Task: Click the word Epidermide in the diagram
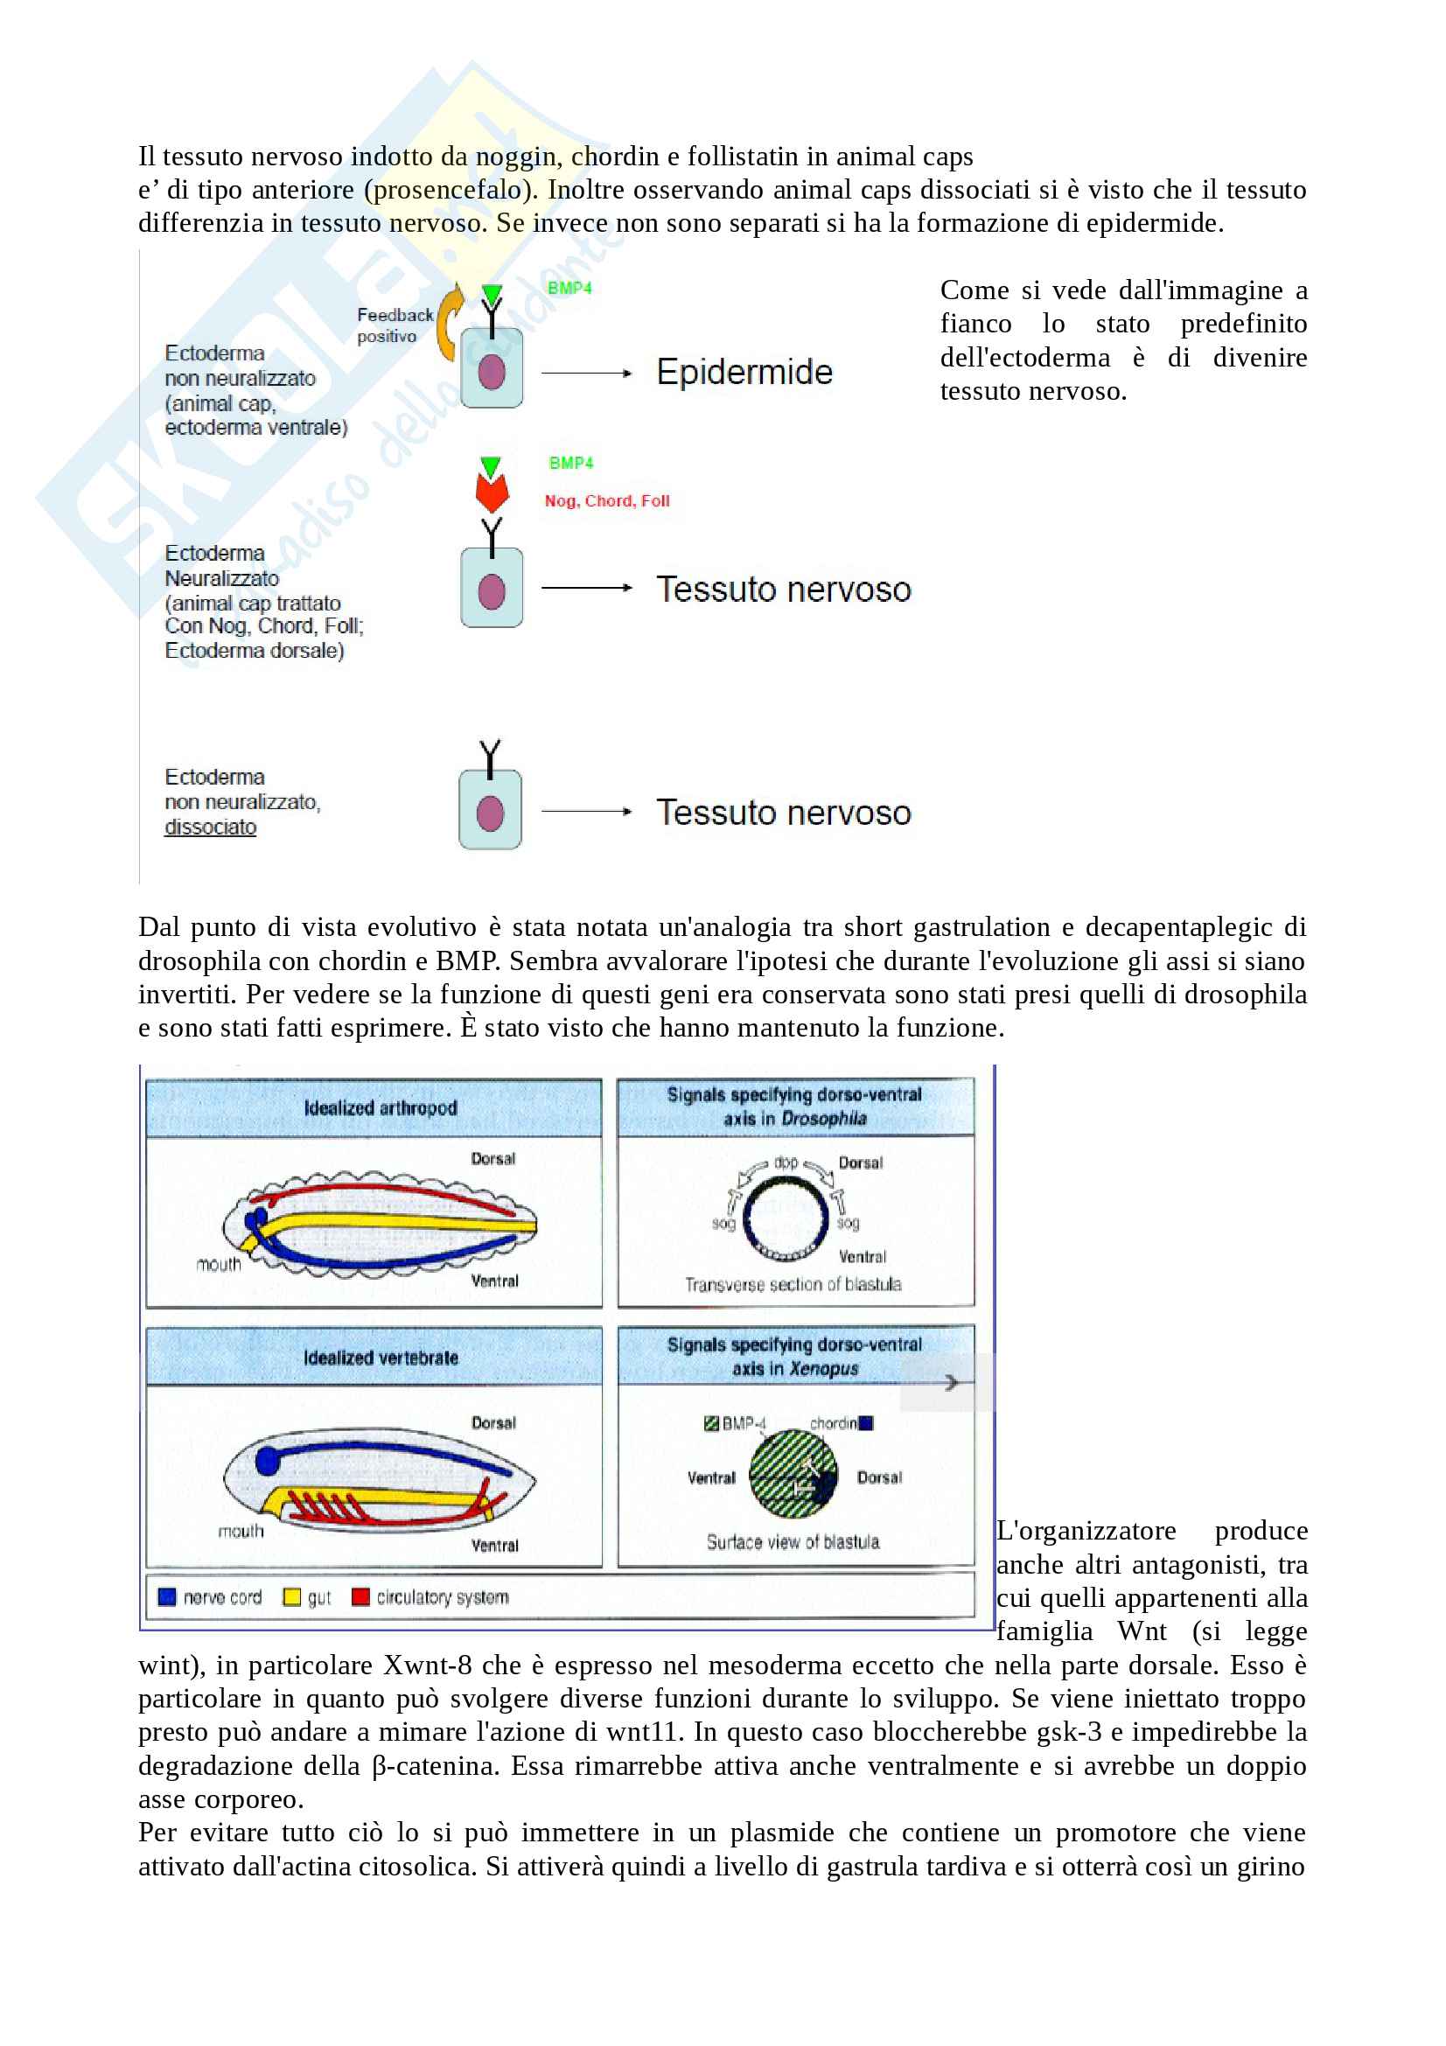(744, 372)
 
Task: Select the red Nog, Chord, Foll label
(607, 501)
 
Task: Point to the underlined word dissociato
(210, 827)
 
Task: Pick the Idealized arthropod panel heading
(381, 1107)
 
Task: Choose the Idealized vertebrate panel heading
(381, 1358)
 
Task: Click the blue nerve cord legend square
(166, 1596)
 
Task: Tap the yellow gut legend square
(291, 1596)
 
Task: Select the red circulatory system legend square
(360, 1596)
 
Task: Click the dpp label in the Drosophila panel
(785, 1162)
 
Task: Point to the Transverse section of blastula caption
(793, 1284)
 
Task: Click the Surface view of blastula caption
(793, 1541)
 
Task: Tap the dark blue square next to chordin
(866, 1423)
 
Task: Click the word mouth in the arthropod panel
(219, 1265)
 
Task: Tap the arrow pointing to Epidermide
(586, 374)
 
